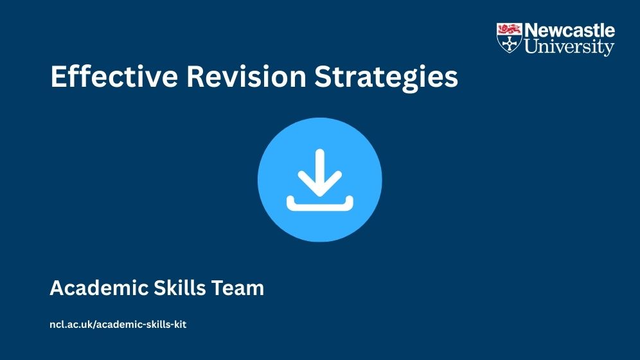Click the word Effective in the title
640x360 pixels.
[114, 76]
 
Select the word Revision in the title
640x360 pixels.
[247, 76]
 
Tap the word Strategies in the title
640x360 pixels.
[386, 78]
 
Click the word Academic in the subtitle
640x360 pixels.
[99, 288]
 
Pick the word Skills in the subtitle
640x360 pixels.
[179, 288]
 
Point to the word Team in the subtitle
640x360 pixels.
[238, 288]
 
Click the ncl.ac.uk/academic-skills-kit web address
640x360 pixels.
[118, 325]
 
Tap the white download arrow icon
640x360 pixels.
[320, 180]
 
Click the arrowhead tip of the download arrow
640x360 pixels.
[320, 196]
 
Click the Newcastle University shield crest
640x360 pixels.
[510, 37]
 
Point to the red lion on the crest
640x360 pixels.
[510, 29]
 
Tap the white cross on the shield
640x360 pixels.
[510, 43]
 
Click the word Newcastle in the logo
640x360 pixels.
[569, 31]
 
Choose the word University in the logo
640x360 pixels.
[569, 46]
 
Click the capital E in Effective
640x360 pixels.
[58, 76]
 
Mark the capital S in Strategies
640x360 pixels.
[323, 76]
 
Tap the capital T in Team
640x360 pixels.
[218, 288]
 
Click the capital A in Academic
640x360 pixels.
[58, 288]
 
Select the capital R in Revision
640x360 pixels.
[197, 76]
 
